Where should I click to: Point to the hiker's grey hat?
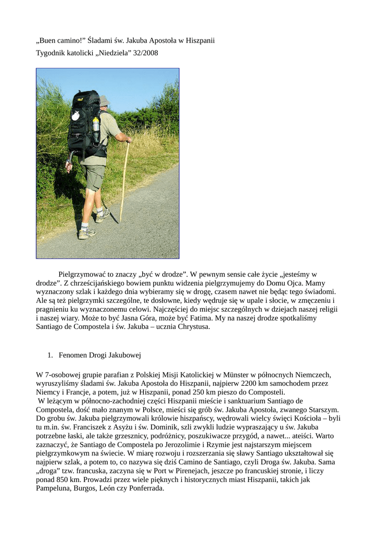104,100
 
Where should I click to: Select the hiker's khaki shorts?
94,176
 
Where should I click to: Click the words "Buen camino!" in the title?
60,40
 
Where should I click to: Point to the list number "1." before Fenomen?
51,355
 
